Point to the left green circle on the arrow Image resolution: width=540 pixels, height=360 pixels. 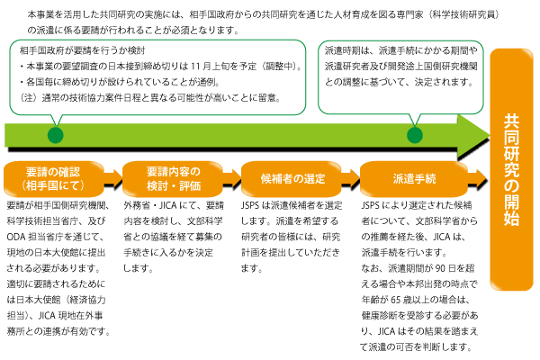click(54, 135)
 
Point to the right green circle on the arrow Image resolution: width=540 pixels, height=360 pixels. click(415, 135)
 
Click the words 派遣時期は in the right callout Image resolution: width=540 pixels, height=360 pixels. click(350, 52)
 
